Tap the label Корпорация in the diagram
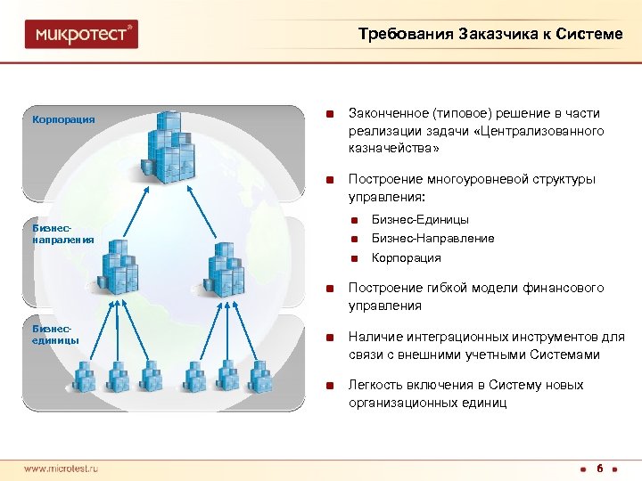(x=63, y=118)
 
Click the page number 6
(x=600, y=468)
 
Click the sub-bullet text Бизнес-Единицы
(x=420, y=219)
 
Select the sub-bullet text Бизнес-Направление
(x=432, y=238)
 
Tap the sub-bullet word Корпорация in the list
(x=406, y=257)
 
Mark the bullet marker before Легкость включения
(x=330, y=386)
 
